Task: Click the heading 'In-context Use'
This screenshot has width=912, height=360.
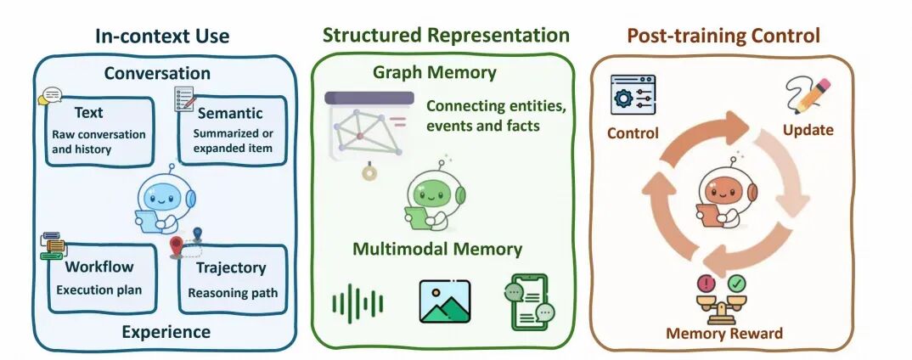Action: coord(162,36)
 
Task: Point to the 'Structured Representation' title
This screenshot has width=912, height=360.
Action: coord(446,35)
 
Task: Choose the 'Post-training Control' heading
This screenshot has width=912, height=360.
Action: coord(723,36)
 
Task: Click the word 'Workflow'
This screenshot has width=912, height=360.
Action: coord(99,267)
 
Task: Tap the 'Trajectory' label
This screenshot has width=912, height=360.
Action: coord(231,267)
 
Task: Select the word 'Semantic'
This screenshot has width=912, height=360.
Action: coord(230,113)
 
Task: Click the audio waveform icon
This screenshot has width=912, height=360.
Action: coord(357,303)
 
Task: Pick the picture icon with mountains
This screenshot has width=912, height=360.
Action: coord(445,301)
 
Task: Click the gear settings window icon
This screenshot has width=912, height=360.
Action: coord(633,95)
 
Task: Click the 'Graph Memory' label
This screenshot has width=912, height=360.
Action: coord(435,73)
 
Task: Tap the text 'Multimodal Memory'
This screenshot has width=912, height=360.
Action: coord(437,249)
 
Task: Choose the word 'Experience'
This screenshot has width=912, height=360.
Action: coord(166,332)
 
